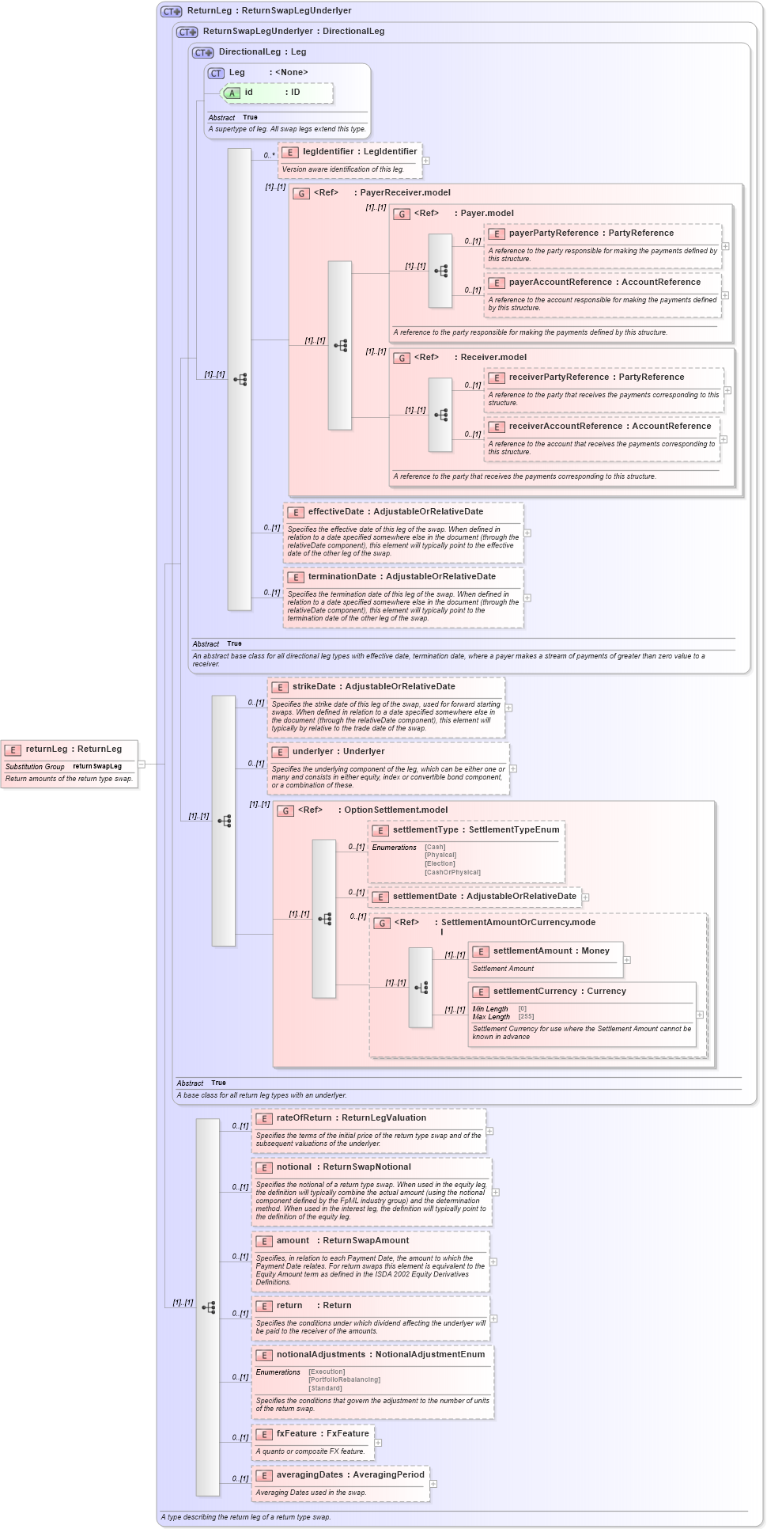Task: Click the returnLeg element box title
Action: [x=74, y=749]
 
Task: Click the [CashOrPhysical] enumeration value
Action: [x=452, y=872]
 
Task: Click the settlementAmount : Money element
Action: [x=551, y=950]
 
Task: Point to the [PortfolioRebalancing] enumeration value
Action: [x=344, y=1379]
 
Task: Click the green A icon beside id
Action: [x=232, y=93]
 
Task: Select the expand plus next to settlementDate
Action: [x=586, y=897]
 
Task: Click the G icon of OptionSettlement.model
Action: [x=285, y=810]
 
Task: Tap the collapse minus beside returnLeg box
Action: [x=142, y=764]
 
